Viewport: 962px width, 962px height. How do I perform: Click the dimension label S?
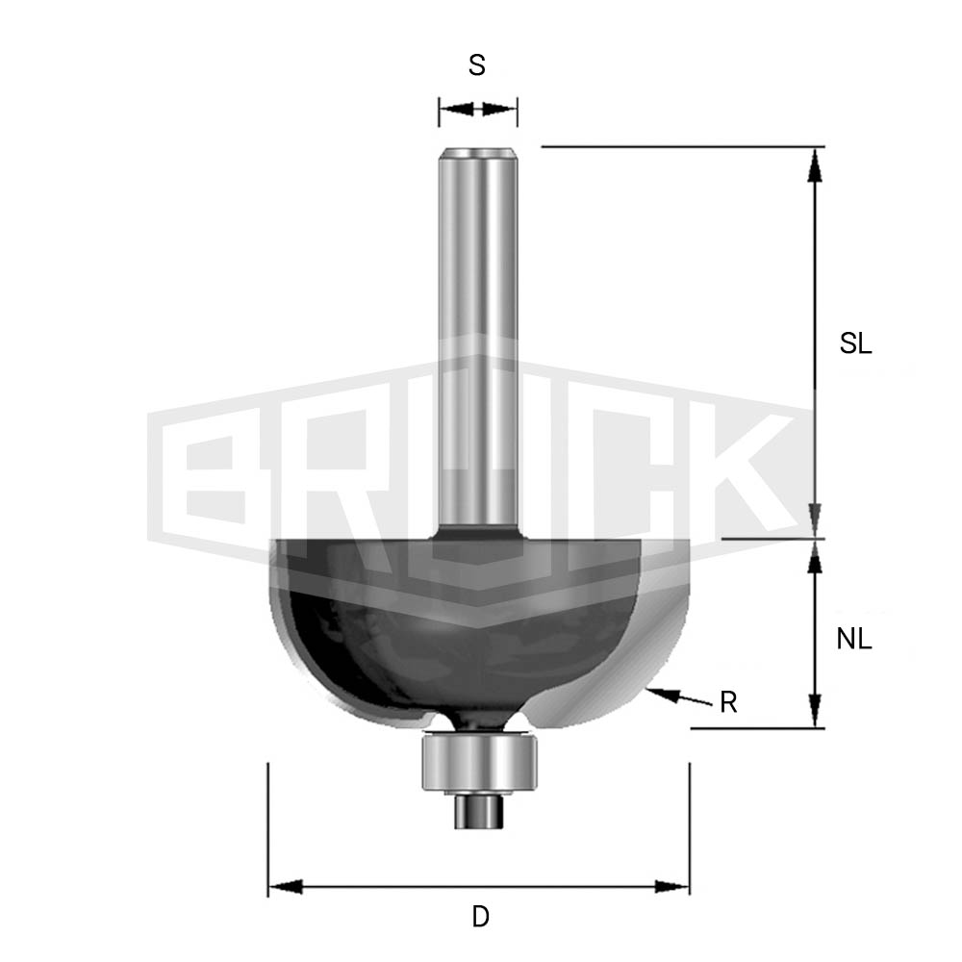tap(476, 65)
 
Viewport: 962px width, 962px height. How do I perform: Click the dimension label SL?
tap(855, 344)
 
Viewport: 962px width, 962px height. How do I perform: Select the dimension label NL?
tap(853, 639)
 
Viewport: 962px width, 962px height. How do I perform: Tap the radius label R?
tap(728, 703)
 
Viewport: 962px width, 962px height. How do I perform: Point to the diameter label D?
tap(480, 917)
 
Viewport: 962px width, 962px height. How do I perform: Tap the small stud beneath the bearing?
tap(477, 810)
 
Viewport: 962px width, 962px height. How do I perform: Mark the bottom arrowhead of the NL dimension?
tap(815, 711)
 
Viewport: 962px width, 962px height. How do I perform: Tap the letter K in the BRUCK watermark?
tap(731, 471)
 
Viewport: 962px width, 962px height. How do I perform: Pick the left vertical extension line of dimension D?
tap(267, 827)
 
